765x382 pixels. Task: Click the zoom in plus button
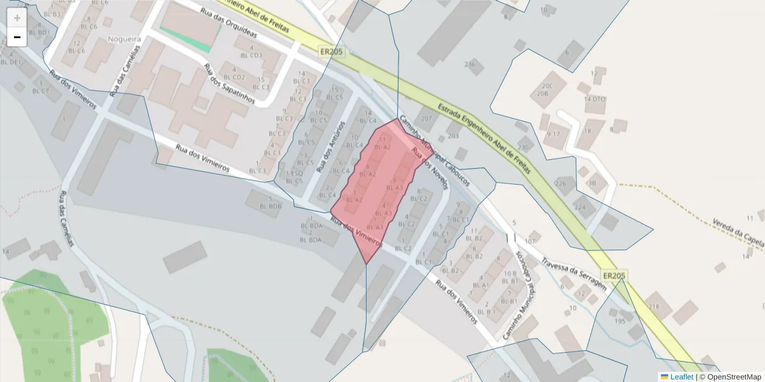[17, 18]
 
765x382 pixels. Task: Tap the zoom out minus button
[17, 38]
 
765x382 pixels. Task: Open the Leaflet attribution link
[681, 377]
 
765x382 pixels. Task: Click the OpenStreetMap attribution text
[734, 377]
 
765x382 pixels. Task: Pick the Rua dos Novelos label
[431, 169]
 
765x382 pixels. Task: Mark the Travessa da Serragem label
[573, 273]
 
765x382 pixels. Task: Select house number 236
[470, 64]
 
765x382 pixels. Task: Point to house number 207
[426, 119]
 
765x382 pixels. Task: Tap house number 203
[453, 136]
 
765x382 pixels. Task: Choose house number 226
[561, 183]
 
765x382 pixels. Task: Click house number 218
[653, 306]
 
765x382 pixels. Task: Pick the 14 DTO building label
[594, 99]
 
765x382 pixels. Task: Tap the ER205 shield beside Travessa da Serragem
[614, 276]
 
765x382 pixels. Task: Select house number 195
[620, 322]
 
